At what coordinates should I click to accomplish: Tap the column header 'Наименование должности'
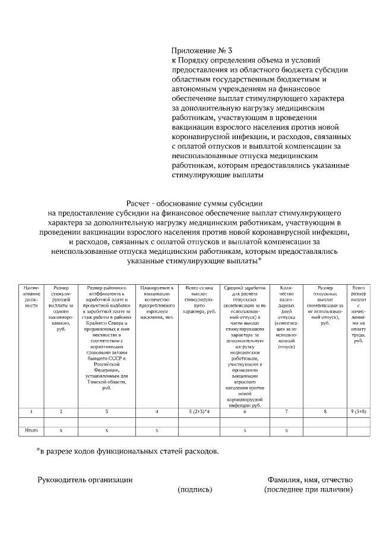(x=31, y=296)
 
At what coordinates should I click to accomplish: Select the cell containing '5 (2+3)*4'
(x=198, y=411)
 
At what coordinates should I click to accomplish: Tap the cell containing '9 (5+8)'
(x=358, y=411)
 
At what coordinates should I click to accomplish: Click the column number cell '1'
(x=31, y=411)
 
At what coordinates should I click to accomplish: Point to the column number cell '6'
(x=245, y=411)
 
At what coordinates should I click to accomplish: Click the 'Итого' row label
(x=31, y=429)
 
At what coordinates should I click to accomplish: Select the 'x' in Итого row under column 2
(x=61, y=429)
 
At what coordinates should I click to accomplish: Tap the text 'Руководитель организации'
(x=85, y=480)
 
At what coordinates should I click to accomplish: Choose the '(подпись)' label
(x=195, y=490)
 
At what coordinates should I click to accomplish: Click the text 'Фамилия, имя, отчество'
(x=310, y=480)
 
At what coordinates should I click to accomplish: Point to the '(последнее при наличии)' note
(x=309, y=490)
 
